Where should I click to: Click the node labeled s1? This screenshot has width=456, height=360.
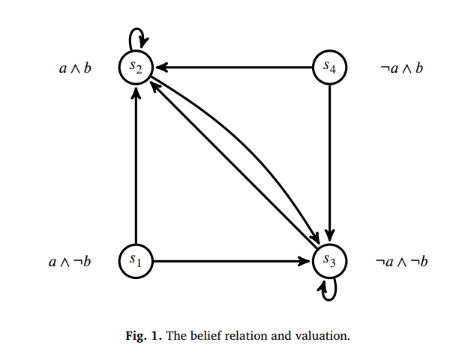(136, 261)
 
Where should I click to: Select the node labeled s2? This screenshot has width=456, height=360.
(136, 67)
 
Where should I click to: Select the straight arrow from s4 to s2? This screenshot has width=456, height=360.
(232, 67)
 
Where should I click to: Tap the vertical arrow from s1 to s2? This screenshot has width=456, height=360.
(136, 165)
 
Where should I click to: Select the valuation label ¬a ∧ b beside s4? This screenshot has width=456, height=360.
(401, 69)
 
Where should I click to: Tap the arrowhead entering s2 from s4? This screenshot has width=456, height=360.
(160, 67)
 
